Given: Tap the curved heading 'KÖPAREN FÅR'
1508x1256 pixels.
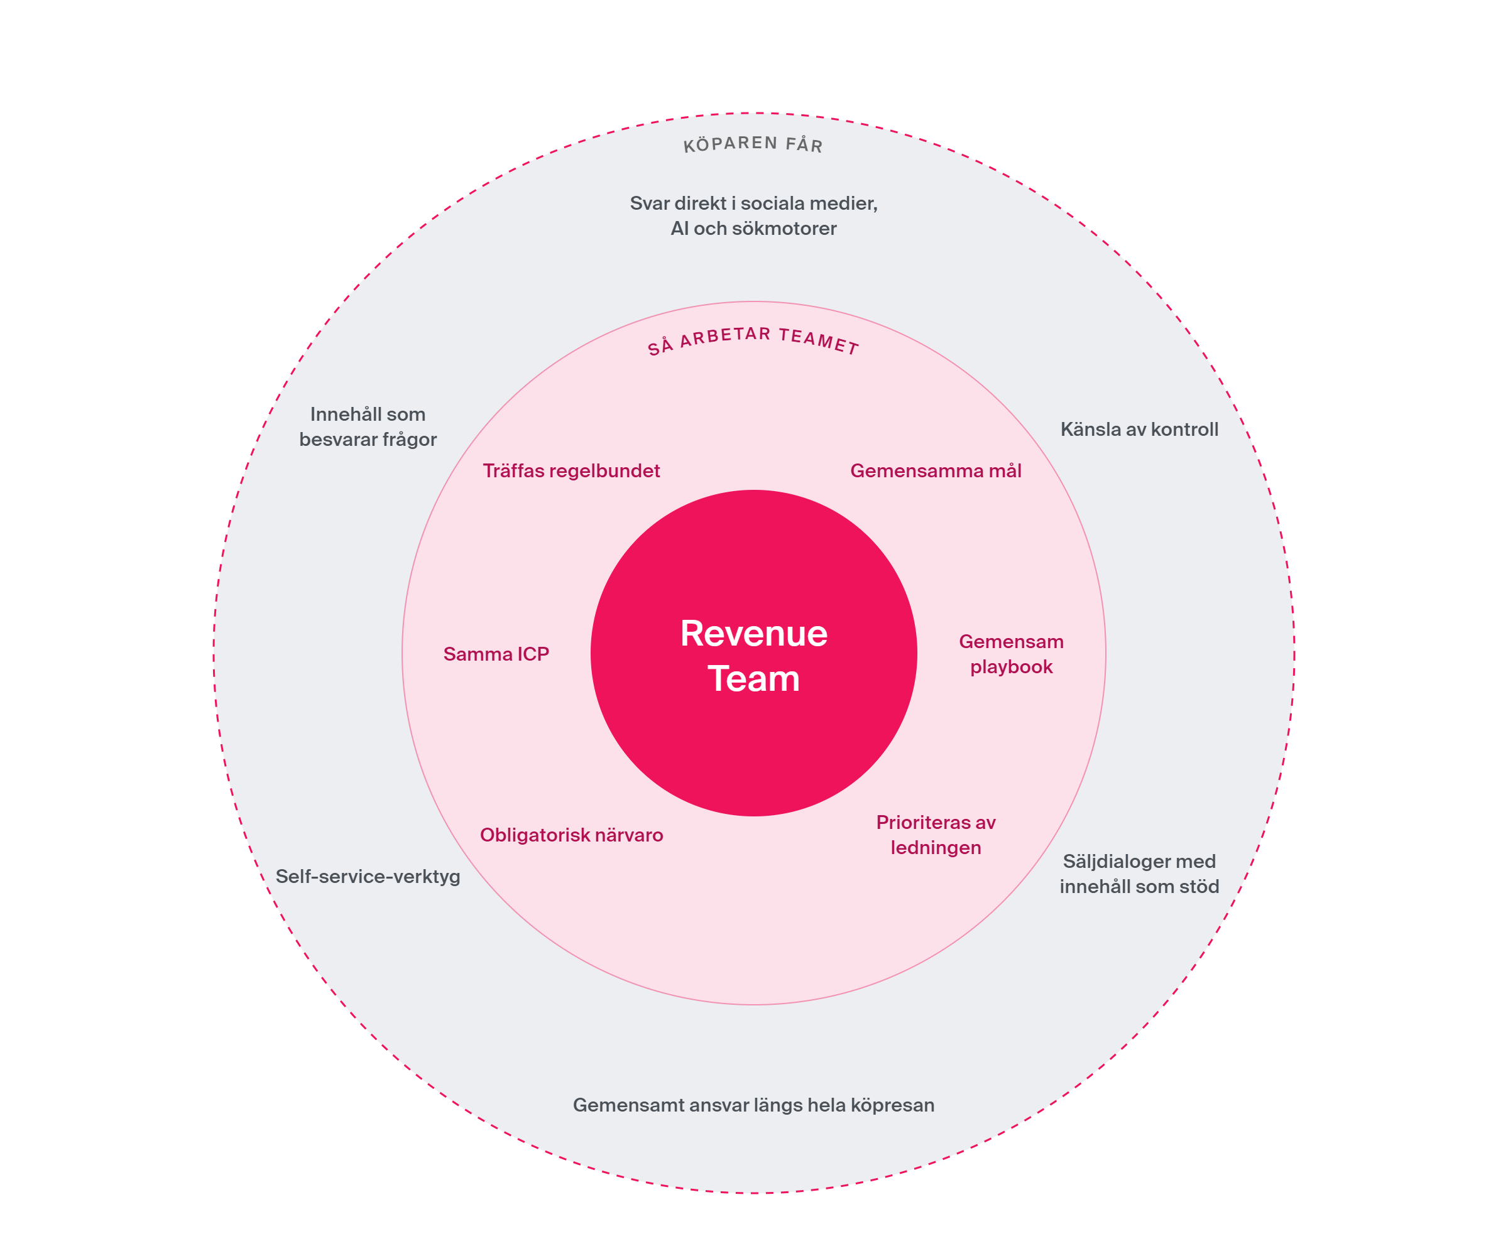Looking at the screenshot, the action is pos(753,144).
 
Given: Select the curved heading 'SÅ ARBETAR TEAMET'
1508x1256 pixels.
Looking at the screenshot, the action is pos(753,340).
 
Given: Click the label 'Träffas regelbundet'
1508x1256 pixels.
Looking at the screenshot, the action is pos(571,471).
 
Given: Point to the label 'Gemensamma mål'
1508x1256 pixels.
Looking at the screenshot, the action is pos(936,471).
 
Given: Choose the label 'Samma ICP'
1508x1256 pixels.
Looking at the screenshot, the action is pos(496,654).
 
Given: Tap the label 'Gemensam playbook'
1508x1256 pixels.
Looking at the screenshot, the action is pos(1011,654).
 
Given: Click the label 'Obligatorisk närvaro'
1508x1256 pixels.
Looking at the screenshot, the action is pos(572,835).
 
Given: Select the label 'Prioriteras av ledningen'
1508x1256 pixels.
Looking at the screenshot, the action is pos(936,835).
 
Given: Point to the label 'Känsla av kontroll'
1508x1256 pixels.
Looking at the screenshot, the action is pos(1140,429).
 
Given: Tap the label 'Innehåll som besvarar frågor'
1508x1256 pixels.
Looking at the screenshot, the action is pos(368,426).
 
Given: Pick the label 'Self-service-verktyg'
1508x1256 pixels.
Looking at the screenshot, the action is pos(368,876).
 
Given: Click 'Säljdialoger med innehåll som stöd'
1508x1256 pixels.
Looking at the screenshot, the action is pos(1140,874).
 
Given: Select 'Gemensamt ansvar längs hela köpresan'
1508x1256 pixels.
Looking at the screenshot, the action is pos(753,1105).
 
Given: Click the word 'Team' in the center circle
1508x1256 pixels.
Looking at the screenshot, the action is pos(753,678).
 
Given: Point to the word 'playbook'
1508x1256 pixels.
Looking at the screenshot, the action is pos(1011,667).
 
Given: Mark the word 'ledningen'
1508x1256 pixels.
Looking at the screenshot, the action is pos(936,848).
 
